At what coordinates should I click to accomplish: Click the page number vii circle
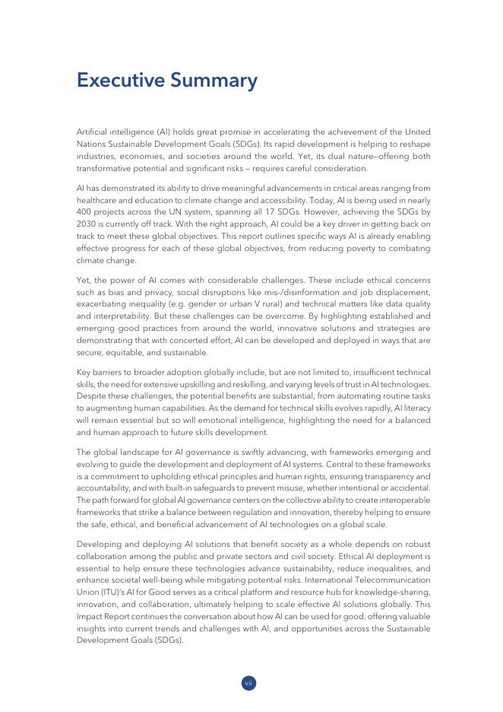248,683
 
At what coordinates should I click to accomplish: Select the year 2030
86,225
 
